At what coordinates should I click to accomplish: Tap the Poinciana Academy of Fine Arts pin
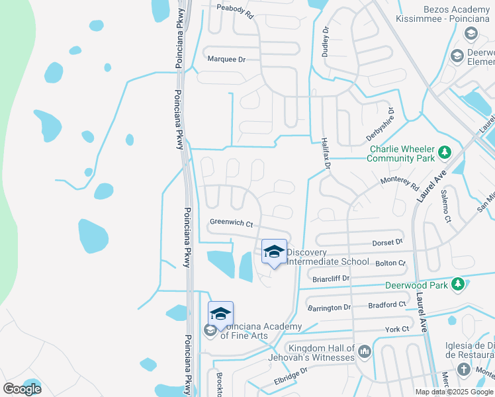pyautogui.click(x=220, y=314)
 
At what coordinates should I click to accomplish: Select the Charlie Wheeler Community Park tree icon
pyautogui.click(x=445, y=153)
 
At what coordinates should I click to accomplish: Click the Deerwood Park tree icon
pyautogui.click(x=457, y=284)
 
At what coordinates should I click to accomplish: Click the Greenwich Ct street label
pyautogui.click(x=232, y=224)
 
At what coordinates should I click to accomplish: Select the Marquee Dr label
pyautogui.click(x=227, y=59)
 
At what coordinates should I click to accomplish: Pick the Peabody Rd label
pyautogui.click(x=236, y=11)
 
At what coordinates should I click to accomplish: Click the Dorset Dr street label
pyautogui.click(x=388, y=242)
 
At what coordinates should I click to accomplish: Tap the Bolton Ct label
pyautogui.click(x=390, y=263)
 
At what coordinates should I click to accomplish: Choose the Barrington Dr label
pyautogui.click(x=329, y=308)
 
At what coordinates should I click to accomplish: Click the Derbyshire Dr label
pyautogui.click(x=381, y=124)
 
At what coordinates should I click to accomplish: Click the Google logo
pyautogui.click(x=22, y=389)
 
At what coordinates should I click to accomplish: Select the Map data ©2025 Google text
pyautogui.click(x=453, y=392)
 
